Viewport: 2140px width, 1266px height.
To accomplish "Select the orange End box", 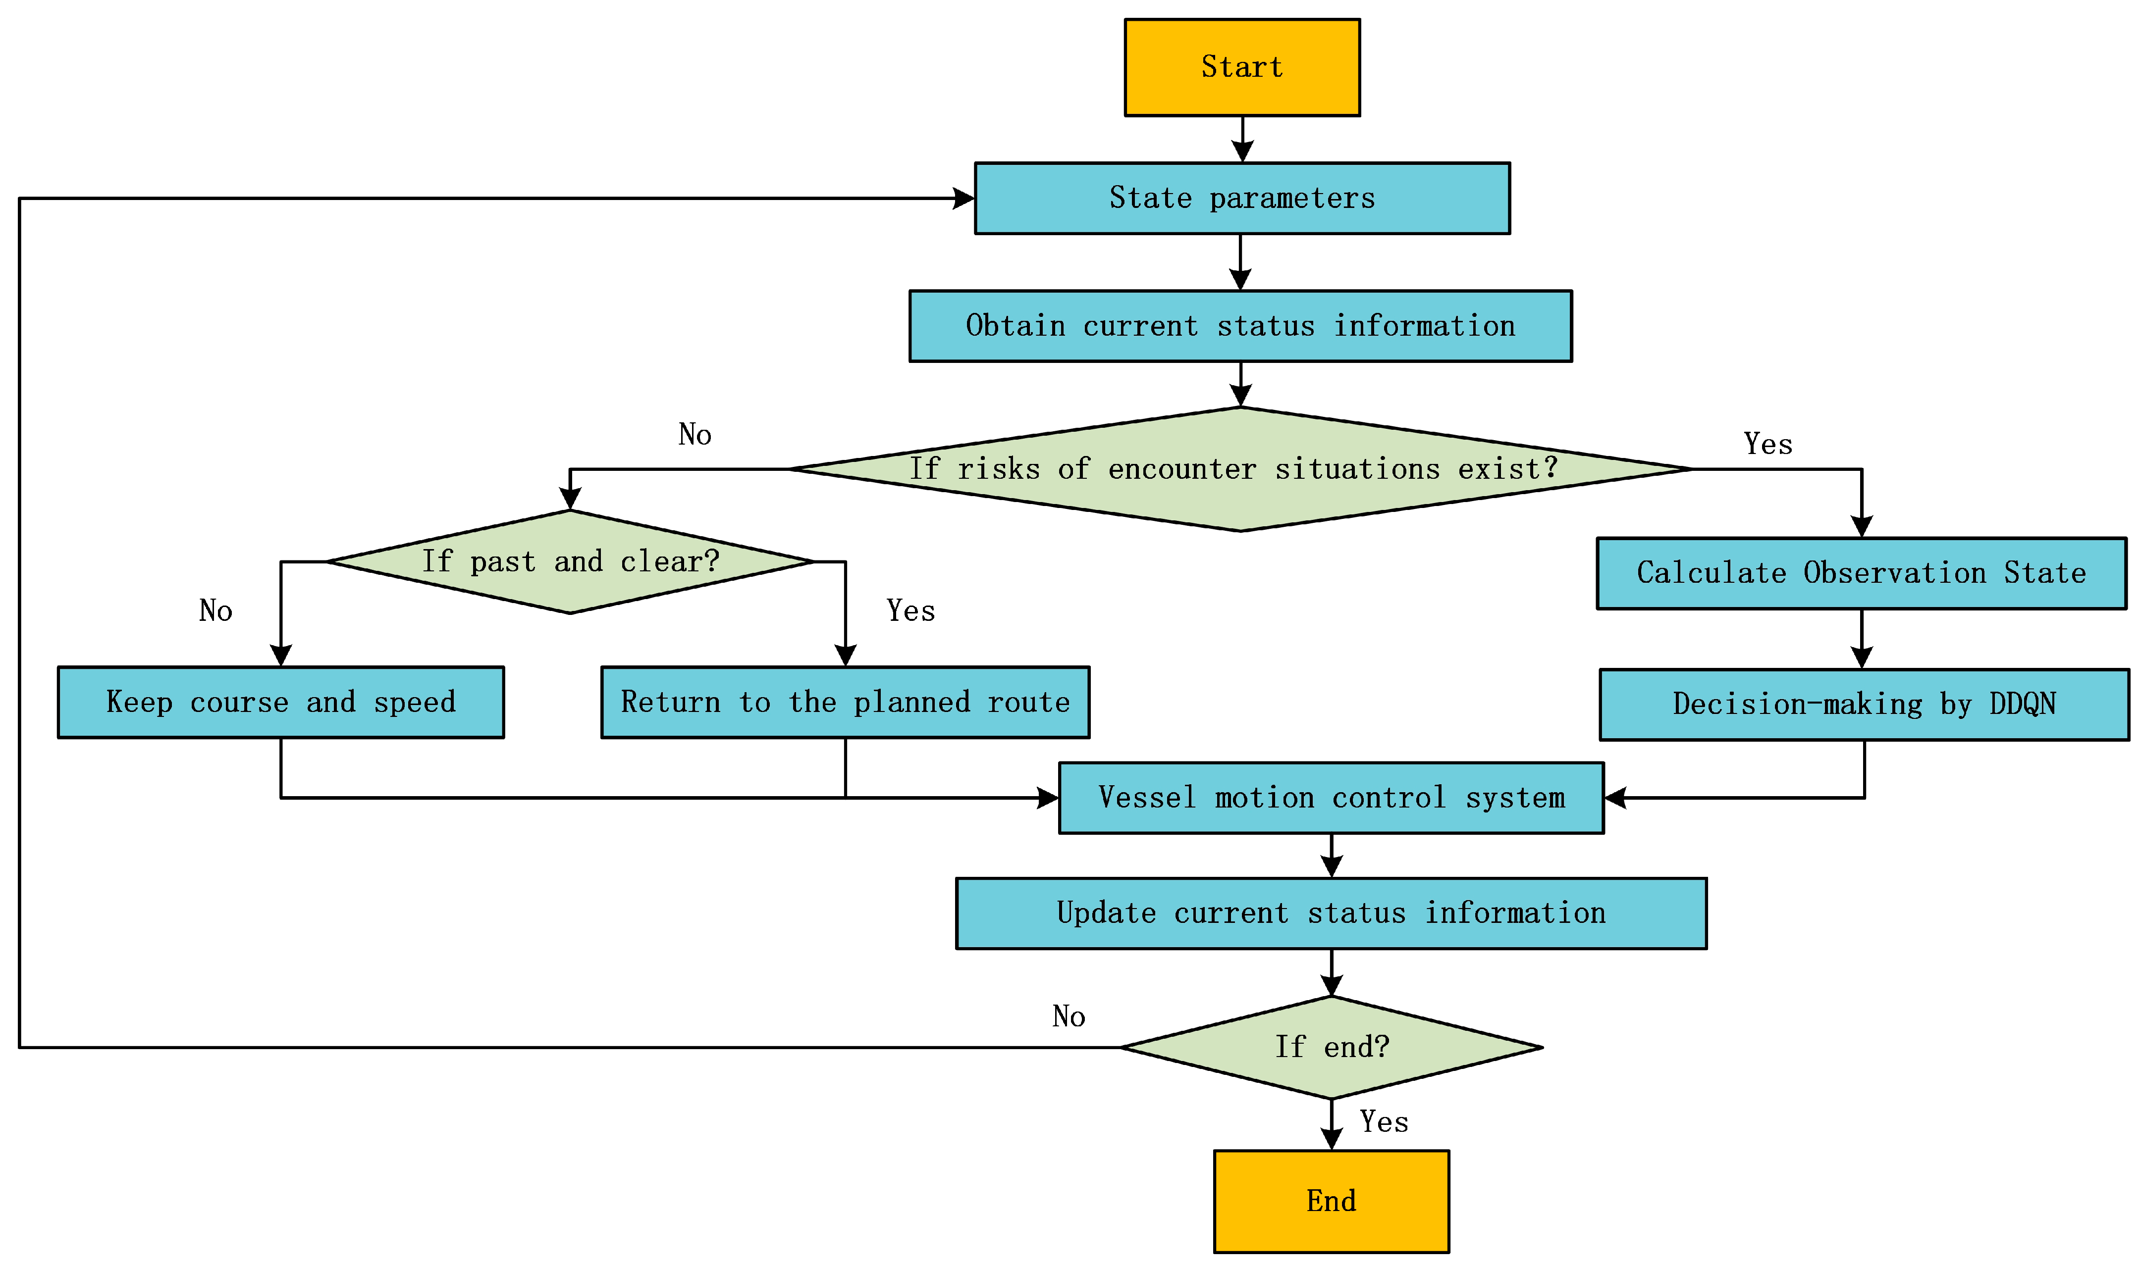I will click(1331, 1201).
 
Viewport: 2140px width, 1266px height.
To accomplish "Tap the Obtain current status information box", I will click(1240, 326).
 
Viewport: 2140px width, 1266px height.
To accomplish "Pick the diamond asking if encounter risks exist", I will click(1240, 469).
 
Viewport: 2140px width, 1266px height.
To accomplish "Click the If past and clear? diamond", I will click(570, 561).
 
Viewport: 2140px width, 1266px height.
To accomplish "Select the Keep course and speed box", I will click(281, 702).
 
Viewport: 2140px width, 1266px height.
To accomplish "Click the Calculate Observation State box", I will click(1861, 573).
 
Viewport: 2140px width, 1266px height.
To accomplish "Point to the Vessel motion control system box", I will click(1331, 798).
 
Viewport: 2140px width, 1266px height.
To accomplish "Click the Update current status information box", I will click(1331, 913).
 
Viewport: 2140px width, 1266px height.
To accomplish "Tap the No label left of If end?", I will click(1069, 1016).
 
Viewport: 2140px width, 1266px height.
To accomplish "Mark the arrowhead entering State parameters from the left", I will click(964, 199).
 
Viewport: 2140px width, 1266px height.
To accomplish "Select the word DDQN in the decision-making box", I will click(2022, 705).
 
